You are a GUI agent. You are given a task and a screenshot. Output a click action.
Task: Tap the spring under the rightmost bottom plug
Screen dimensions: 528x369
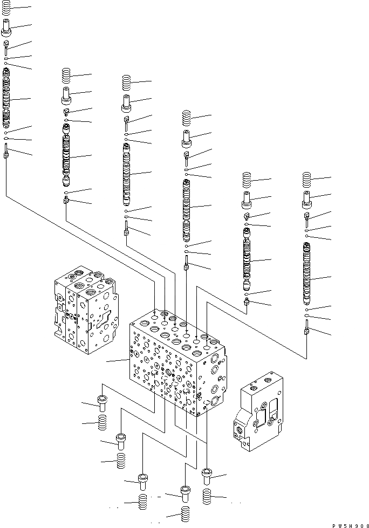pyautogui.click(x=207, y=497)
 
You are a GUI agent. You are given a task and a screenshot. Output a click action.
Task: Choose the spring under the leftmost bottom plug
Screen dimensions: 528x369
pyautogui.click(x=102, y=423)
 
